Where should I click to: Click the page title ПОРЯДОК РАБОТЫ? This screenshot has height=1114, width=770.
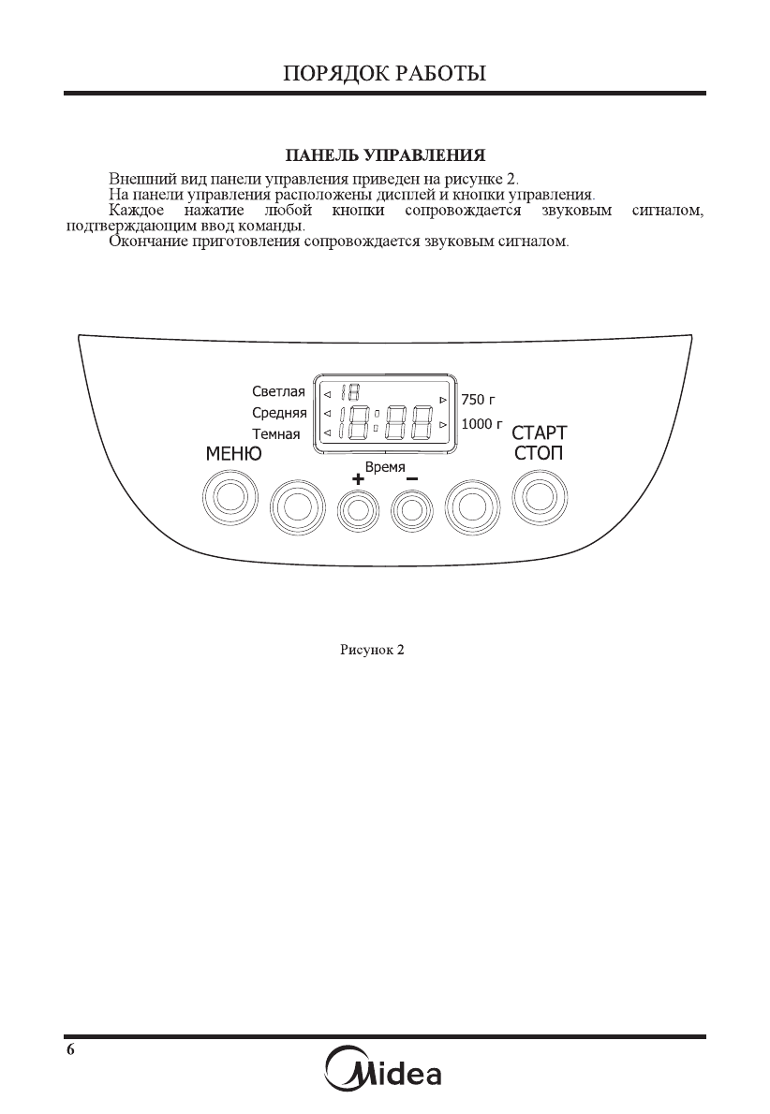385,73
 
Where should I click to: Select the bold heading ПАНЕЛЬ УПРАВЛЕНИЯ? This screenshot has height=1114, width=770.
384,154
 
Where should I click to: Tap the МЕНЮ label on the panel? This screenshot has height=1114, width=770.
233,455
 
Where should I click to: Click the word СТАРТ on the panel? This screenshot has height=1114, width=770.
539,433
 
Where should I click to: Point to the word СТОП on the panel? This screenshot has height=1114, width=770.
539,455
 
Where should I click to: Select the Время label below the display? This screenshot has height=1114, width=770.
384,466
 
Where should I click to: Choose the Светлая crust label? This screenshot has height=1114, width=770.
278,391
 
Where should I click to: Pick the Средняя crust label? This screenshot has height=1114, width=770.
279,413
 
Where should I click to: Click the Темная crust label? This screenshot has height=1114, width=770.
276,433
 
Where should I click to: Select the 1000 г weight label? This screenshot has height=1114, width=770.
481,424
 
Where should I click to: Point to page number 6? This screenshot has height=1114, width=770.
70,1048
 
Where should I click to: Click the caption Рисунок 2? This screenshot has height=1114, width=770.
371,649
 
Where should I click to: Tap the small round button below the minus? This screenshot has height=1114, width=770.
410,509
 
